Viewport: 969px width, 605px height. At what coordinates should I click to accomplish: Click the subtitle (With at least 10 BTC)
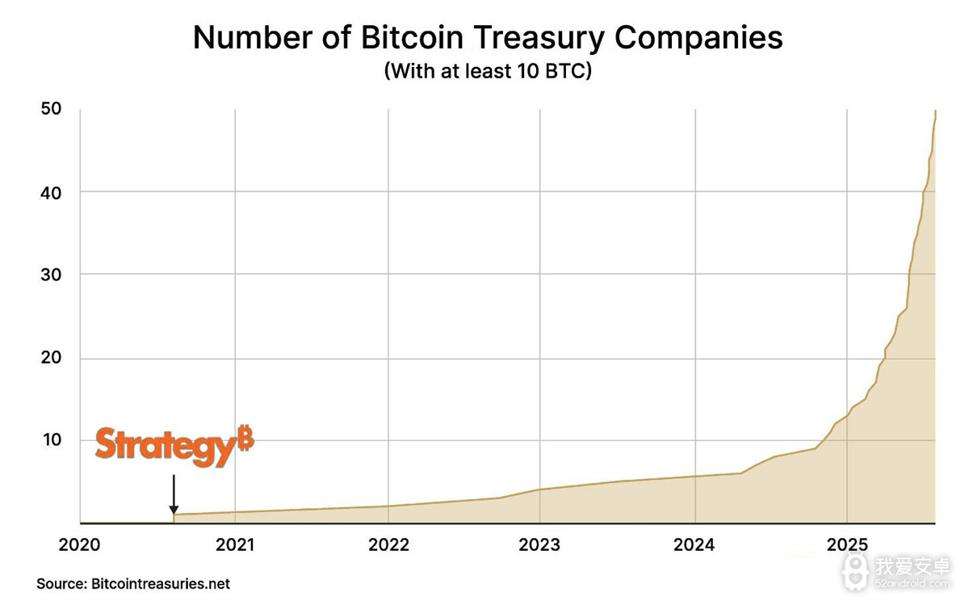tap(488, 71)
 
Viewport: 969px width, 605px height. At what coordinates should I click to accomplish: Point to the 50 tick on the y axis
tap(50, 108)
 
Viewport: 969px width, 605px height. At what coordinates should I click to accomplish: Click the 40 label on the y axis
tap(50, 191)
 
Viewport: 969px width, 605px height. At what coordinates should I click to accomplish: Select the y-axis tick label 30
tap(50, 275)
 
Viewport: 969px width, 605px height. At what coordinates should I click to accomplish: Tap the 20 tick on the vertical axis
tap(50, 358)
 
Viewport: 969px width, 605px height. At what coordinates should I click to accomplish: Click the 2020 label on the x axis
tap(79, 545)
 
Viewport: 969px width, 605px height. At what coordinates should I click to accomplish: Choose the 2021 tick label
tap(234, 545)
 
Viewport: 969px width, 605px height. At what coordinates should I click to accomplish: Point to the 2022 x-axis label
tap(388, 545)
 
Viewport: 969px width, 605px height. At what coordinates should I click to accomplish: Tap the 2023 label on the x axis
tap(539, 545)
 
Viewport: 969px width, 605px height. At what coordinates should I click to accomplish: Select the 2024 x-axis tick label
tap(694, 545)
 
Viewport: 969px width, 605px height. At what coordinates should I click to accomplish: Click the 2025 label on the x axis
tap(846, 545)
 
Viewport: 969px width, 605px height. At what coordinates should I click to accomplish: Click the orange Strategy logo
tap(166, 446)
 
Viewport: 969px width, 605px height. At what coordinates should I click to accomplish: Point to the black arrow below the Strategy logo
tap(173, 494)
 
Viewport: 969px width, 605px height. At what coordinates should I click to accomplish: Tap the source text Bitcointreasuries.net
tap(161, 583)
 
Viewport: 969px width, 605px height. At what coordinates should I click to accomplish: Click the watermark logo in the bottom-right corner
tap(855, 569)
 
